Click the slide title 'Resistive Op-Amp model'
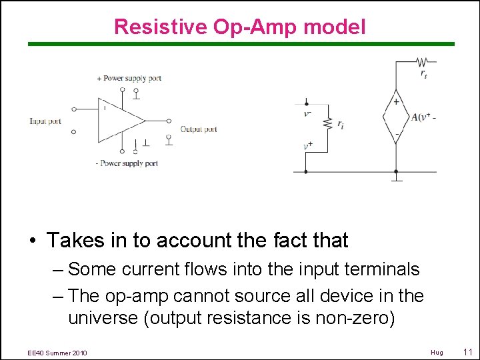point(240,27)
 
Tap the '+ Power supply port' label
point(129,78)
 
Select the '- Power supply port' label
point(127,163)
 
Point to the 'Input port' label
point(45,121)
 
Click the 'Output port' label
point(199,129)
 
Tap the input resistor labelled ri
point(327,123)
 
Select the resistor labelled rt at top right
point(423,62)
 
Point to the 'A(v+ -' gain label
point(424,118)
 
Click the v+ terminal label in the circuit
point(308,146)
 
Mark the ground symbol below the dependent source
point(397,178)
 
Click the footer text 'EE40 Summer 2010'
point(57,353)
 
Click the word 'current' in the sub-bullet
point(152,269)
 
